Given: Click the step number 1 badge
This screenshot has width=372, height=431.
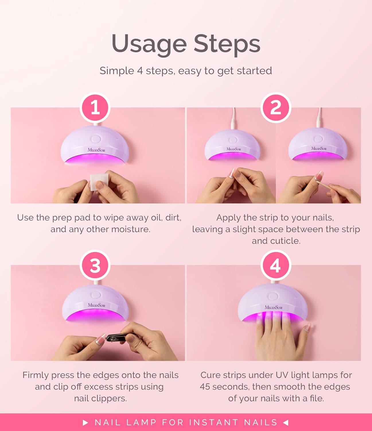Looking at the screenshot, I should pyautogui.click(x=95, y=108).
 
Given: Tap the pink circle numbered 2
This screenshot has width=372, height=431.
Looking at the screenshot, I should pyautogui.click(x=276, y=108).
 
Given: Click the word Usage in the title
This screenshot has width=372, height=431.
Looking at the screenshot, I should pyautogui.click(x=149, y=44).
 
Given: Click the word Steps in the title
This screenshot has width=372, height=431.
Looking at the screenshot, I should pyautogui.click(x=227, y=44).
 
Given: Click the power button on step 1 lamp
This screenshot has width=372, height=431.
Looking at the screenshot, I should pyautogui.click(x=96, y=139).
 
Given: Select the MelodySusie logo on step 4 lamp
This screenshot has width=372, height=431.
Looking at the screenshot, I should pyautogui.click(x=274, y=307).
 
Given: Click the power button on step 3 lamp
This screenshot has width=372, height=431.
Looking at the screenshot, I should pyautogui.click(x=96, y=295).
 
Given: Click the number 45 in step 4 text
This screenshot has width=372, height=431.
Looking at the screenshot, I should pyautogui.click(x=205, y=387).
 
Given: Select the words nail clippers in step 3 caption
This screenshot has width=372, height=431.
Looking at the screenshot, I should pyautogui.click(x=100, y=399).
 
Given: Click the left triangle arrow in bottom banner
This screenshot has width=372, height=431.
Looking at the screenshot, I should pyautogui.click(x=85, y=422).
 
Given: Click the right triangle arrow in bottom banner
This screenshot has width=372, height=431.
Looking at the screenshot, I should pyautogui.click(x=286, y=422).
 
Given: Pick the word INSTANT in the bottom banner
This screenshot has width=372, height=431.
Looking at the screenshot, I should pyautogui.click(x=214, y=422).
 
